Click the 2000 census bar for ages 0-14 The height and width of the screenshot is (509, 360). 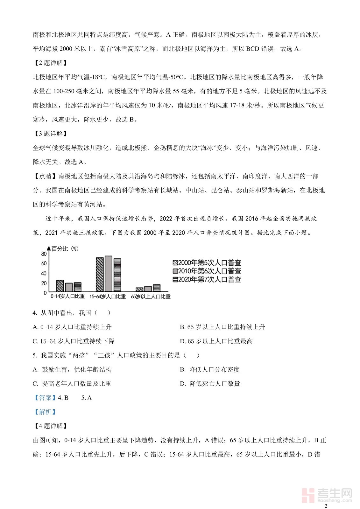(60, 286)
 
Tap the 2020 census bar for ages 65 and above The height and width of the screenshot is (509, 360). (156, 288)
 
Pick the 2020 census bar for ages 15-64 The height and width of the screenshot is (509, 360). (117, 275)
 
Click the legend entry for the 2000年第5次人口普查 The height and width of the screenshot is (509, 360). (207, 263)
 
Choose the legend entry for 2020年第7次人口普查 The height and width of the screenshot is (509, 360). (207, 279)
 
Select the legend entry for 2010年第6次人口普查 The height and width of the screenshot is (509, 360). (207, 271)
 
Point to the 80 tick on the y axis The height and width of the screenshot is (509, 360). (44, 254)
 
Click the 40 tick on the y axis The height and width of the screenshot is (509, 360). (44, 273)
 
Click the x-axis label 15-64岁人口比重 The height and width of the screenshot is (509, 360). (108, 296)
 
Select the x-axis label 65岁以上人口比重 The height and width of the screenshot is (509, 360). (151, 296)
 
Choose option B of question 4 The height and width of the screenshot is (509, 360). (222, 327)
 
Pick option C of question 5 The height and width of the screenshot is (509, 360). (72, 384)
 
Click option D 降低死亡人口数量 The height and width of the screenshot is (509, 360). (210, 384)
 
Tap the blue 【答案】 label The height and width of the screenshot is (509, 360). (44, 398)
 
